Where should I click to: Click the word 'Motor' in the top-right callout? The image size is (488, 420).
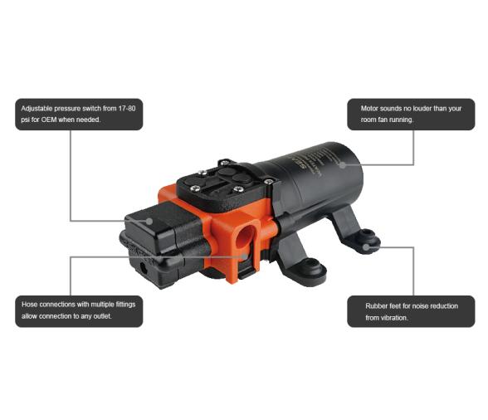(x=372, y=109)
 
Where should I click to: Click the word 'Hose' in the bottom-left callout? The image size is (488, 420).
(x=30, y=305)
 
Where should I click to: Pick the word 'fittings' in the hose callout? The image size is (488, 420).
(x=124, y=305)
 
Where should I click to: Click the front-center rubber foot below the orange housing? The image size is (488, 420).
(x=312, y=267)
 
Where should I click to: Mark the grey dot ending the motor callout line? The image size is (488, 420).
(x=342, y=164)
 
